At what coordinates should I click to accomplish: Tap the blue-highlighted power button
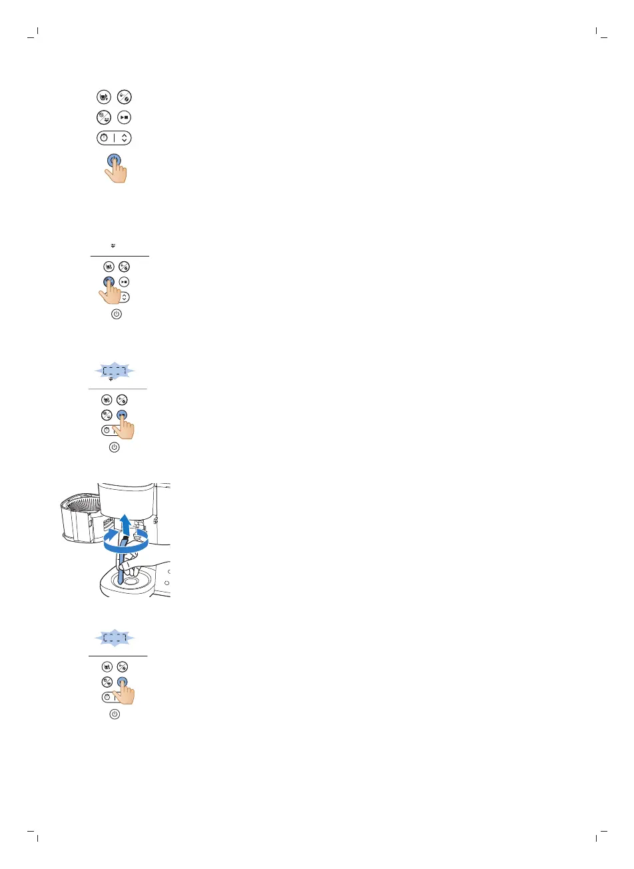point(114,161)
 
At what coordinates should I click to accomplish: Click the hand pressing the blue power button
point(118,173)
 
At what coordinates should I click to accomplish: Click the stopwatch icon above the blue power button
point(105,138)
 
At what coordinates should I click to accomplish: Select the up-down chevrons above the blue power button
point(125,138)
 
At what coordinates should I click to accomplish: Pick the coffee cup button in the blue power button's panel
point(104,97)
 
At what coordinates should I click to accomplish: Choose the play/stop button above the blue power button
point(124,117)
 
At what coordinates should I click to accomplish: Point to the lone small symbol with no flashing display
point(114,246)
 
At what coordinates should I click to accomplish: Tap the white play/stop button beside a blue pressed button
point(124,282)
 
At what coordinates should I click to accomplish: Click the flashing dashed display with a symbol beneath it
point(114,371)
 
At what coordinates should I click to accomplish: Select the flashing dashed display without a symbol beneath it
point(115,638)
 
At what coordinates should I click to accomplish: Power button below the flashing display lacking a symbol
point(115,714)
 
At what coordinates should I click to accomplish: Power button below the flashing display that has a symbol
point(114,447)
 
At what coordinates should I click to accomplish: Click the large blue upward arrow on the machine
point(125,524)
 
